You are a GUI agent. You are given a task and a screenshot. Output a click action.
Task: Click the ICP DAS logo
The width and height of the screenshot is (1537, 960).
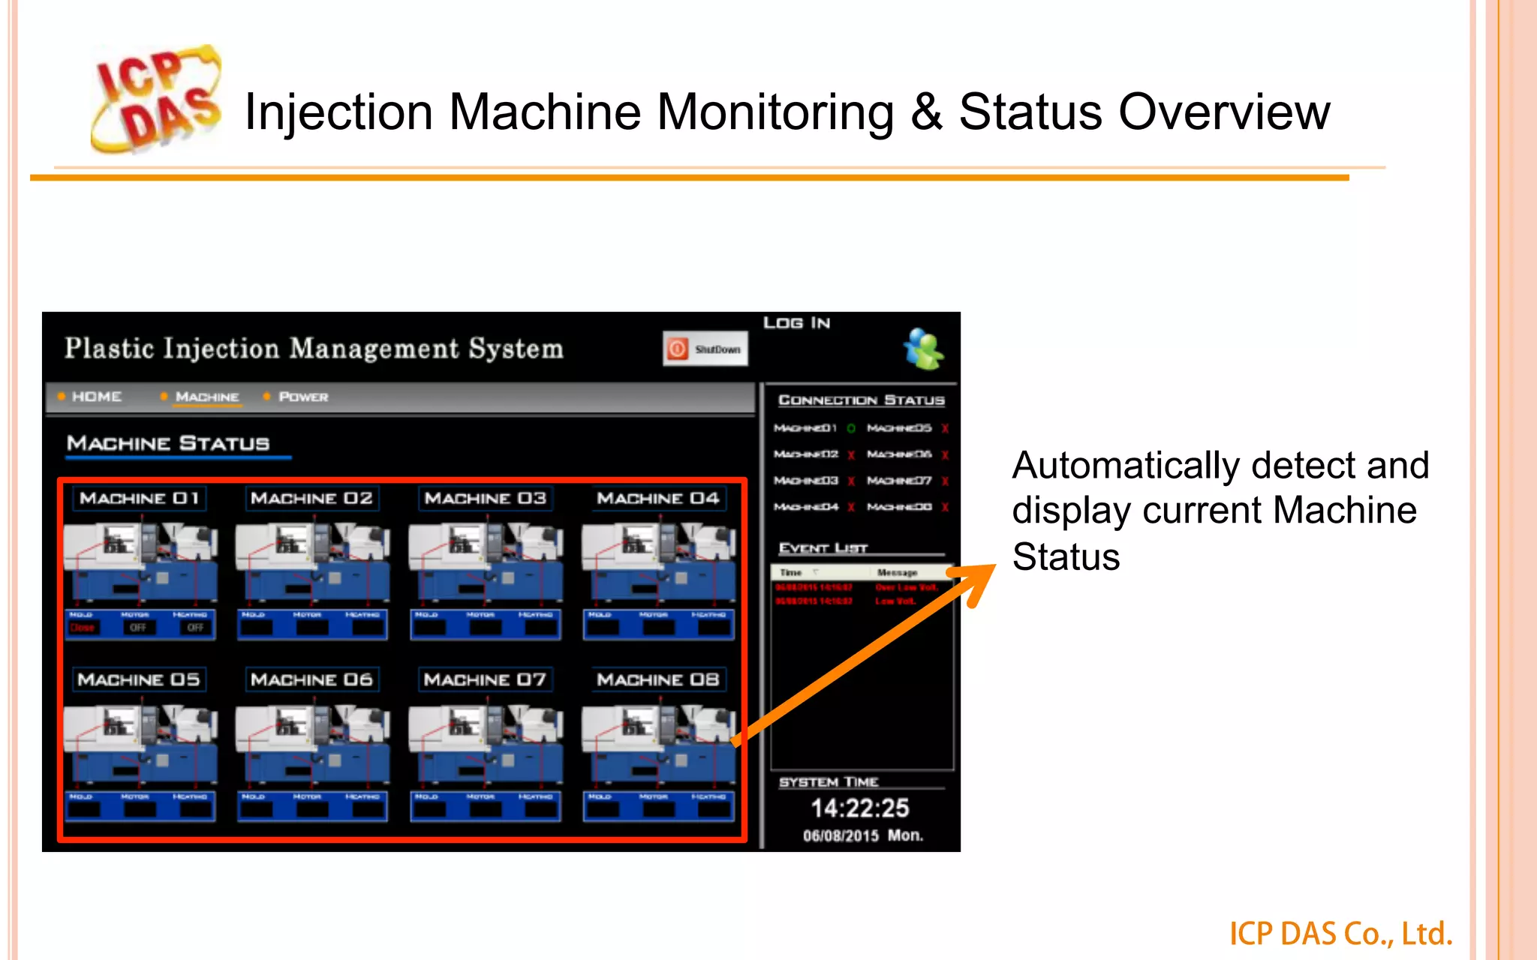156,99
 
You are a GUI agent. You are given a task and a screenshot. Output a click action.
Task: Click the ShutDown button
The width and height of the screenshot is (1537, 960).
705,349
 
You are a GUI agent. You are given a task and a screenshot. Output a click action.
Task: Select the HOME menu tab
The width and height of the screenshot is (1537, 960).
96,397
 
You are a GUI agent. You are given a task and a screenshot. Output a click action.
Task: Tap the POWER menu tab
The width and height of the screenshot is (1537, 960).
303,397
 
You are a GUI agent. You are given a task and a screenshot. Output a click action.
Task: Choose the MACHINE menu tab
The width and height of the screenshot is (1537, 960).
207,397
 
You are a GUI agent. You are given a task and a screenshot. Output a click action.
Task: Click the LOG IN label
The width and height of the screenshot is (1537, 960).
796,323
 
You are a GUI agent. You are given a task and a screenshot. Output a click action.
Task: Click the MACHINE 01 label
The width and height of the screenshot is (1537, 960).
140,499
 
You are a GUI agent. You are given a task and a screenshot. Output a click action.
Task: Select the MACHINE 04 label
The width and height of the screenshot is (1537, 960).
657,499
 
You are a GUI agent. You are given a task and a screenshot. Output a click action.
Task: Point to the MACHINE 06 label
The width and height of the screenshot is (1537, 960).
311,680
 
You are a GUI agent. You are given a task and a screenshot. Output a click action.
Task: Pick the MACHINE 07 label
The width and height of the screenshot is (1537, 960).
485,680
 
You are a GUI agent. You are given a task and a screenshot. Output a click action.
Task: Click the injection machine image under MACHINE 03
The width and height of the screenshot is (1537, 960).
485,562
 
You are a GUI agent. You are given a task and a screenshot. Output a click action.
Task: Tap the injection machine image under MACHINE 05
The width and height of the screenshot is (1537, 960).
140,744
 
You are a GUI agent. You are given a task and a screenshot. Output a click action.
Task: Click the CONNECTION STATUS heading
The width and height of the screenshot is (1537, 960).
861,400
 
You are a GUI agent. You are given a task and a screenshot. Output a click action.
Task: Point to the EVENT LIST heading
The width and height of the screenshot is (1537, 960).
823,548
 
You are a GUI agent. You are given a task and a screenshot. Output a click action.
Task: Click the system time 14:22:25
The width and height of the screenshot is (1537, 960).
860,808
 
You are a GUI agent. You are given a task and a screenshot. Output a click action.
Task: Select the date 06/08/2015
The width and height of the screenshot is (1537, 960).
841,836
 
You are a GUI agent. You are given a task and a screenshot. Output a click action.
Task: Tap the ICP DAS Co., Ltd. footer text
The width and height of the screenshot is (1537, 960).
1340,934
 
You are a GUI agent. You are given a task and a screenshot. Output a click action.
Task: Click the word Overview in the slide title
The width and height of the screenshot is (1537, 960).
1224,112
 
